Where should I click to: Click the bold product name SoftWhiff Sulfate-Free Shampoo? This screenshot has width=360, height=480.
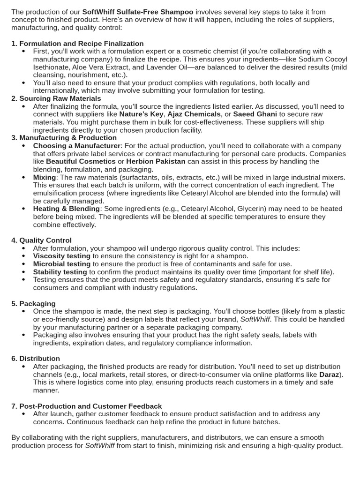(x=138, y=12)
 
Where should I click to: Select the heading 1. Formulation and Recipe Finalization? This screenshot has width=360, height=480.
(x=77, y=44)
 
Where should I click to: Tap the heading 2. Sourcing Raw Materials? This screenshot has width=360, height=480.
(x=56, y=98)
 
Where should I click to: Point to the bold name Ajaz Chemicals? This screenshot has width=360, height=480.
(x=194, y=114)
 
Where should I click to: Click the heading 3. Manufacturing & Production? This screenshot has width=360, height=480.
(x=64, y=138)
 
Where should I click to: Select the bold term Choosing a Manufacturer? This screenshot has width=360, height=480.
(x=77, y=146)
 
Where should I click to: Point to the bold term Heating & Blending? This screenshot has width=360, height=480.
(x=66, y=209)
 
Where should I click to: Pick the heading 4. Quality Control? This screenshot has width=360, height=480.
(x=42, y=240)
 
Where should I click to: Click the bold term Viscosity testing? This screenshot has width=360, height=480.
(x=61, y=256)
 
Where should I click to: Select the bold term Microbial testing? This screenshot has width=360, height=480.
(x=61, y=264)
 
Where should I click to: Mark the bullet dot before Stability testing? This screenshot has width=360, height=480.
(x=24, y=272)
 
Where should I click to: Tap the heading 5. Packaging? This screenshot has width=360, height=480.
(x=33, y=304)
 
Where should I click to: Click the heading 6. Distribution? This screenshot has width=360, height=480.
(x=36, y=359)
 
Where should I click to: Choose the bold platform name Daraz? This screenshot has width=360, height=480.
(x=329, y=375)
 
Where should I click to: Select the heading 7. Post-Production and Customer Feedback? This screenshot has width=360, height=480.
(x=87, y=406)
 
